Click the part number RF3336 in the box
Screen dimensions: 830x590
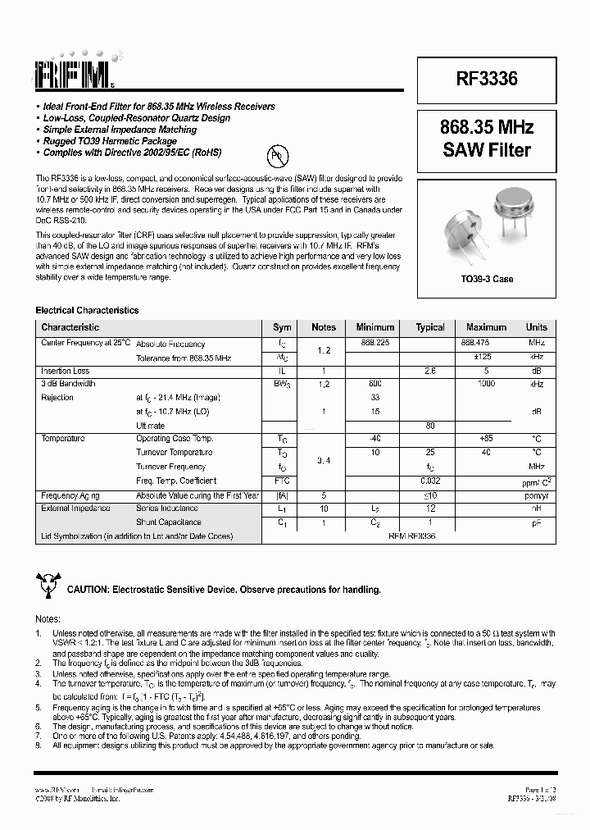click(x=486, y=80)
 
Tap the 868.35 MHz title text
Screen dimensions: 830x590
click(x=486, y=128)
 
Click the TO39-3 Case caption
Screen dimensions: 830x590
click(x=486, y=279)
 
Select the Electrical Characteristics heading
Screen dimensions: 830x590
click(x=87, y=311)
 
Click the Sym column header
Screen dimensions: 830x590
click(x=282, y=326)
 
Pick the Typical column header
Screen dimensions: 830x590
click(x=429, y=326)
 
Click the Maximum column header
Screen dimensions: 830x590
click(x=486, y=326)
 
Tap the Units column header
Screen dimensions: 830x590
click(x=536, y=326)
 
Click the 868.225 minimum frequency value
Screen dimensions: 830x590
click(x=374, y=342)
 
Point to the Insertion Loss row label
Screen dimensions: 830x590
click(x=66, y=371)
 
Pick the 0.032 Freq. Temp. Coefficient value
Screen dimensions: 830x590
click(x=431, y=480)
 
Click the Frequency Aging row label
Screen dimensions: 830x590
click(x=70, y=495)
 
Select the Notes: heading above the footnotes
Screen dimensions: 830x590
click(x=48, y=619)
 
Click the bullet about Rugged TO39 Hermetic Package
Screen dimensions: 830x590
click(x=111, y=141)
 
